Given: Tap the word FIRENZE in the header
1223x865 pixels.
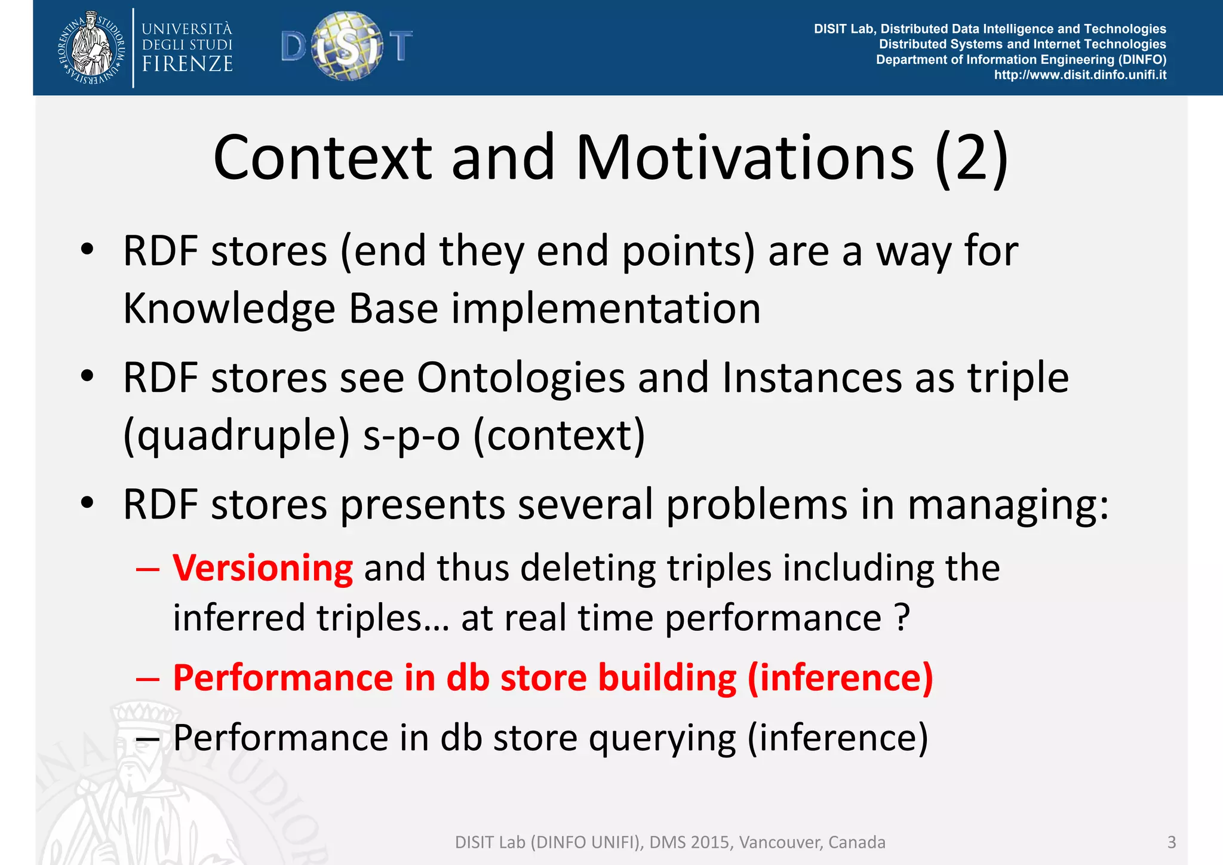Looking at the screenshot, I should click(187, 64).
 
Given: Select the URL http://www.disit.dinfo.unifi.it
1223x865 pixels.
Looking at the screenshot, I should click(1080, 75).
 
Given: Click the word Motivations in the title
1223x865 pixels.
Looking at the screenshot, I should click(744, 158).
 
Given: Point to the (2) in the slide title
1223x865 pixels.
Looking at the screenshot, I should click(972, 158).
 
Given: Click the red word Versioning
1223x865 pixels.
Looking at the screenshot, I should click(263, 568).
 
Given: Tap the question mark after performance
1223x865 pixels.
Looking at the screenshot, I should click(903, 618).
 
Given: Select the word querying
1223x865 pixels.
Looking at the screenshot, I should click(662, 738).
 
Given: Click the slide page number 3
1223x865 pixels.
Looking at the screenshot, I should click(1171, 842).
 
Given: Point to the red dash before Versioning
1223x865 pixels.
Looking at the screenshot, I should click(148, 569).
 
